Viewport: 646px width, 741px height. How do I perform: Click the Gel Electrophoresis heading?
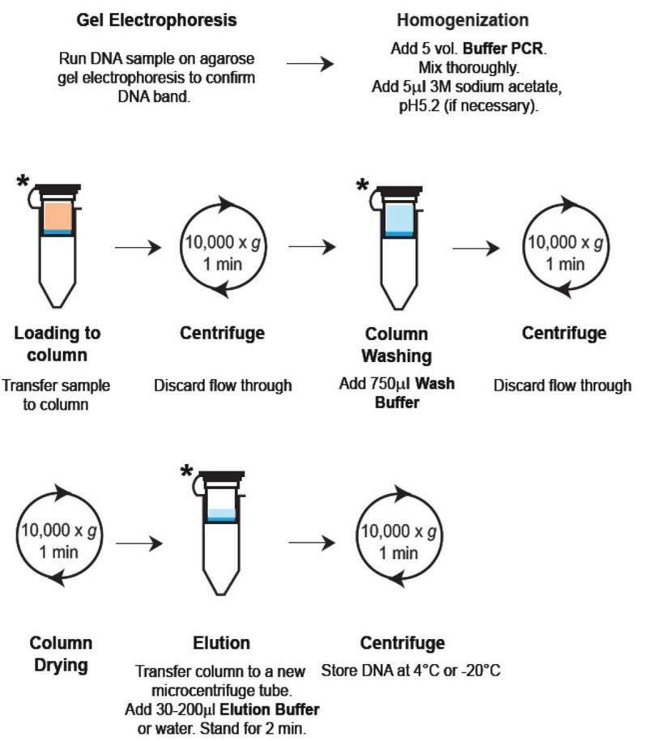[157, 20]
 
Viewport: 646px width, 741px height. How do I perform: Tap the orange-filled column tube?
[57, 235]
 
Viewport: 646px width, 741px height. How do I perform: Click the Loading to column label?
[57, 344]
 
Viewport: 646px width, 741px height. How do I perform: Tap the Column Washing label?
[396, 345]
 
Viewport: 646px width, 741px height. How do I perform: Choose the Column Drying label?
[61, 654]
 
